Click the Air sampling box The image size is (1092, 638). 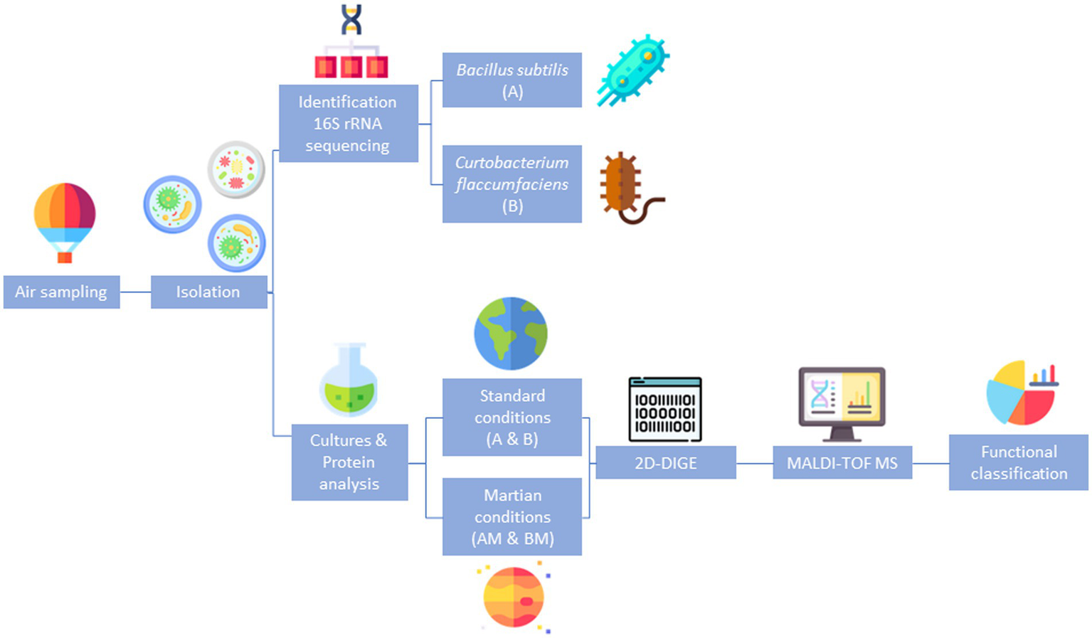tap(61, 292)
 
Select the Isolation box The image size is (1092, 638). tap(208, 292)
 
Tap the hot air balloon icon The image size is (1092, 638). tap(65, 221)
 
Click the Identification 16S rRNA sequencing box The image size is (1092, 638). tap(348, 124)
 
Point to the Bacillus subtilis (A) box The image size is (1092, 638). tap(511, 80)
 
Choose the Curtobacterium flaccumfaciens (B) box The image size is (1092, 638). tap(511, 184)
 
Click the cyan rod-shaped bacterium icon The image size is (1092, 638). tap(632, 70)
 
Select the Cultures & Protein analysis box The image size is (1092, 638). tap(349, 462)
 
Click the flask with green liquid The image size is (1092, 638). tap(349, 381)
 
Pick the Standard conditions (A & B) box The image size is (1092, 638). tap(511, 417)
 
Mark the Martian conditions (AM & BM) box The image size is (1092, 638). tap(511, 516)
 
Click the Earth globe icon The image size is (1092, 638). tap(511, 334)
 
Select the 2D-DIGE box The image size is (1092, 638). tap(665, 463)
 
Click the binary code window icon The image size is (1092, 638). tap(665, 410)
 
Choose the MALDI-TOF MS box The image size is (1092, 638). tap(842, 463)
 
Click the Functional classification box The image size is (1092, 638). tap(1018, 463)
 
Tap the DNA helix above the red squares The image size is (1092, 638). tap(351, 19)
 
